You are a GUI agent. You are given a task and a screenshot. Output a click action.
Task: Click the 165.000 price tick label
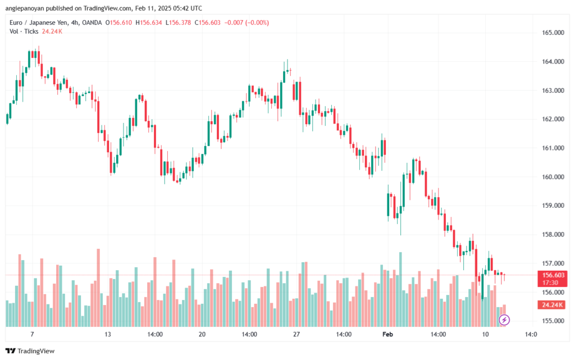pyautogui.click(x=553, y=33)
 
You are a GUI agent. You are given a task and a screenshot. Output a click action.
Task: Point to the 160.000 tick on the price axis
pyautogui.click(x=553, y=177)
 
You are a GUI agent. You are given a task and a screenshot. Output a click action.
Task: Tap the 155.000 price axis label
pyautogui.click(x=553, y=321)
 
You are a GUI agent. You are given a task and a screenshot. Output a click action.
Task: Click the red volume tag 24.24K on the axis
pyautogui.click(x=553, y=304)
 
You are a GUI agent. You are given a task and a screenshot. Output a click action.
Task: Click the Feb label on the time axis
pyautogui.click(x=387, y=334)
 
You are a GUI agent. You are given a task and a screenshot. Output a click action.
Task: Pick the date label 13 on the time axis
pyautogui.click(x=107, y=334)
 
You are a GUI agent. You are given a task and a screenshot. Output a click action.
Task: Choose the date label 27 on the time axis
pyautogui.click(x=296, y=334)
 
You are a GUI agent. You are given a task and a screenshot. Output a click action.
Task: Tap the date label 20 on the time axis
pyautogui.click(x=202, y=334)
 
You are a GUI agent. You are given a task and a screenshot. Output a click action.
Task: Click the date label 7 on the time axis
pyautogui.click(x=32, y=334)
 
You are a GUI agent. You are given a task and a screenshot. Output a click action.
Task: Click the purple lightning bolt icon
pyautogui.click(x=504, y=320)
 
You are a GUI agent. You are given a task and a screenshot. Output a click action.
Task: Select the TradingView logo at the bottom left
pyautogui.click(x=30, y=351)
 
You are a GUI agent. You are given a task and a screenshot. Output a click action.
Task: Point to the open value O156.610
pyautogui.click(x=118, y=22)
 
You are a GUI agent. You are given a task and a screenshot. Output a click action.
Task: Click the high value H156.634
pyautogui.click(x=148, y=22)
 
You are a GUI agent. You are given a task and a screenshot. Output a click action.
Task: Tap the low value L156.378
pyautogui.click(x=178, y=22)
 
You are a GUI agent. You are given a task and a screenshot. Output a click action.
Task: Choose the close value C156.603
pyautogui.click(x=208, y=22)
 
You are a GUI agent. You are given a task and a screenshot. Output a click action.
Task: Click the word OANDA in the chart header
pyautogui.click(x=92, y=22)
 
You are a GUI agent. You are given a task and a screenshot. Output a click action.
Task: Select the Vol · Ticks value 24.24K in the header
pyautogui.click(x=52, y=31)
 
